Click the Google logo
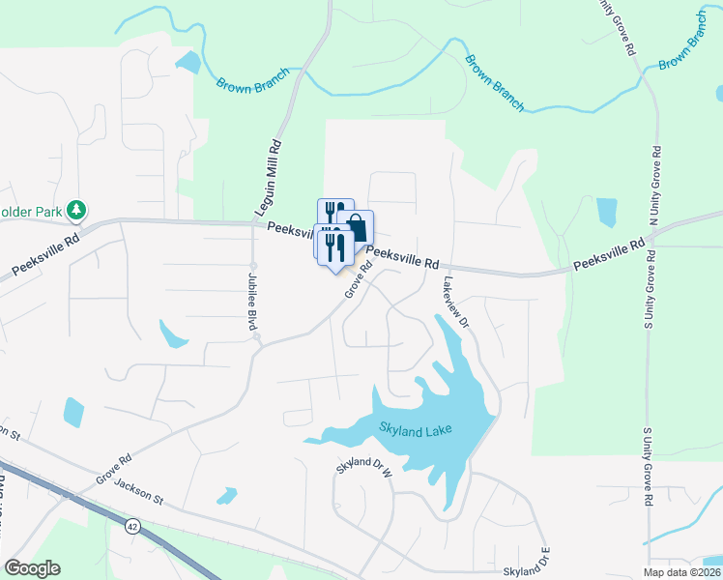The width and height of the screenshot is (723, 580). pyautogui.click(x=32, y=568)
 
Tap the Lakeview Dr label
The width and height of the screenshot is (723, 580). pyautogui.click(x=455, y=302)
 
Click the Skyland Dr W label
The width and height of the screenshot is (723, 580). pyautogui.click(x=365, y=469)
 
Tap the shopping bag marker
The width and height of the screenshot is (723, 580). pyautogui.click(x=358, y=228)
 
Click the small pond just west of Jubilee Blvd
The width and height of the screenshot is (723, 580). pyautogui.click(x=173, y=334)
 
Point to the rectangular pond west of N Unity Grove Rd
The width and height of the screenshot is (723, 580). pyautogui.click(x=606, y=212)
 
